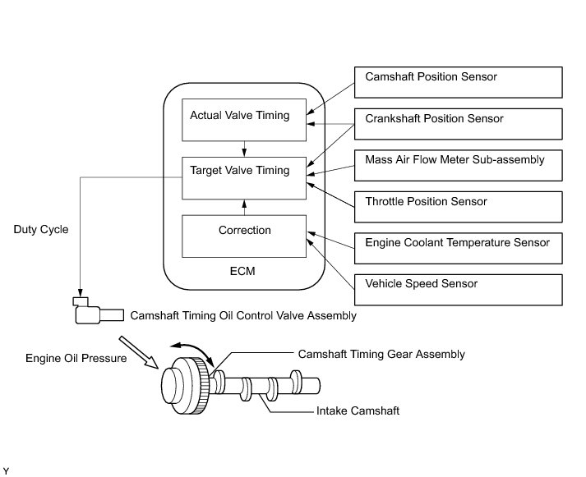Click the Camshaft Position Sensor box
point(458,82)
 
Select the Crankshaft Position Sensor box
point(458,124)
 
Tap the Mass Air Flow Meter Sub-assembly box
point(458,165)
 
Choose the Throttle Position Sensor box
point(458,207)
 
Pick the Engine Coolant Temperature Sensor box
point(458,248)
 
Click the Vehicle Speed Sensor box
point(458,290)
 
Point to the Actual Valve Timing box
point(244,120)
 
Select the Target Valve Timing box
point(244,178)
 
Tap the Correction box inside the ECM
point(244,236)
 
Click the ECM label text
point(242,271)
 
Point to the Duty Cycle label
point(41,230)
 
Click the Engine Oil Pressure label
point(76,358)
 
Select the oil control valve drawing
point(99,311)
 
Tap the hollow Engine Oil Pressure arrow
point(138,352)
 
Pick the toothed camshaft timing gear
point(186,386)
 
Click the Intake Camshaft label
point(358,411)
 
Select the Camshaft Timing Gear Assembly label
point(381,354)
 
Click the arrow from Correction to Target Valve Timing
point(244,208)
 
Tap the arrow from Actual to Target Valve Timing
point(244,149)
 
